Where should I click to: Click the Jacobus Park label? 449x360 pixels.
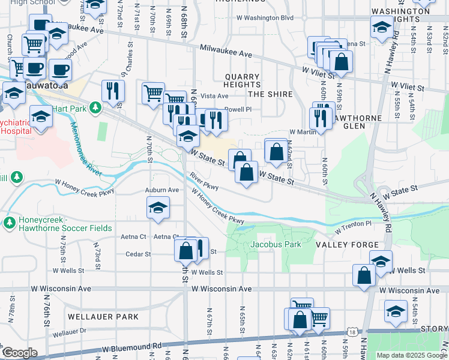(276, 245)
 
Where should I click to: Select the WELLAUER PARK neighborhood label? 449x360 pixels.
(103, 316)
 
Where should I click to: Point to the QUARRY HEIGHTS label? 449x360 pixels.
(242, 81)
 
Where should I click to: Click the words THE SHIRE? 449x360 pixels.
(270, 94)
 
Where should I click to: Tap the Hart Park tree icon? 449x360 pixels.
(95, 107)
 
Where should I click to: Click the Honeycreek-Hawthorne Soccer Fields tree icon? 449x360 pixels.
(10, 223)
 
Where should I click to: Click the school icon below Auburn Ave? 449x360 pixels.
(158, 209)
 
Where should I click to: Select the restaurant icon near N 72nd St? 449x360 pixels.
(113, 91)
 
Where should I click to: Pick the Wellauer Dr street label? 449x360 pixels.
(70, 331)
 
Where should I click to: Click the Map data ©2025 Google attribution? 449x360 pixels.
(412, 355)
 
